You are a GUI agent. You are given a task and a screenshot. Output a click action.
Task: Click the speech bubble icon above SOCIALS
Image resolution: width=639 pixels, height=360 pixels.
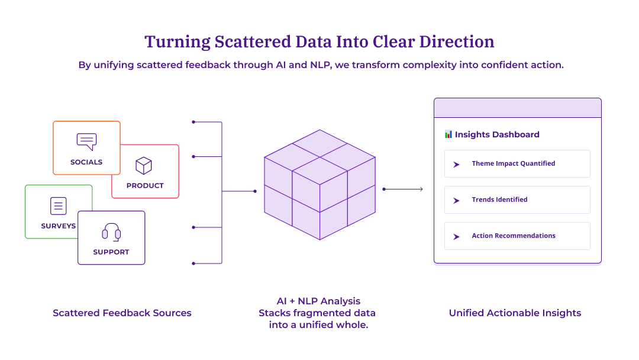[x=86, y=142]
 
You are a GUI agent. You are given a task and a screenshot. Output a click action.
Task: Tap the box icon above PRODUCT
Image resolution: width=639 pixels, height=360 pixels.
[x=144, y=165]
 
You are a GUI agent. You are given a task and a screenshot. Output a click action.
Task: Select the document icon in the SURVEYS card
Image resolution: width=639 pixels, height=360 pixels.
[x=58, y=206]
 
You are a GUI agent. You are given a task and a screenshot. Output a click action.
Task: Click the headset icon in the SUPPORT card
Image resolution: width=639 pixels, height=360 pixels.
[x=111, y=232]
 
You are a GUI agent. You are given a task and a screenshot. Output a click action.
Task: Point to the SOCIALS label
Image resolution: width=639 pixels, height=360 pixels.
[x=86, y=162]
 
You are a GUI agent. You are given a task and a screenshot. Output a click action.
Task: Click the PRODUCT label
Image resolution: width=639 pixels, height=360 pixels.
[x=145, y=186]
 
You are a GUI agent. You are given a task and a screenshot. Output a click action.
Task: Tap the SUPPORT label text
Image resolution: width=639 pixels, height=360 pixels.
[x=111, y=252]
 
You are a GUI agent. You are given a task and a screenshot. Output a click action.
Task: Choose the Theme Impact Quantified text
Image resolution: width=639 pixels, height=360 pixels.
[x=513, y=163]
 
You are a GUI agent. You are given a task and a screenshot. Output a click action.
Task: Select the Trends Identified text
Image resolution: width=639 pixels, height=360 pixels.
[x=499, y=200]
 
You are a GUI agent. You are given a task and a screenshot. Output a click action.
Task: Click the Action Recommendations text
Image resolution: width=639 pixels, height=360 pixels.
[x=514, y=236]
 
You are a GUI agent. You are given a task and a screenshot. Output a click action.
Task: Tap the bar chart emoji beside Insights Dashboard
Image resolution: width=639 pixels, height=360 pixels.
[x=448, y=134]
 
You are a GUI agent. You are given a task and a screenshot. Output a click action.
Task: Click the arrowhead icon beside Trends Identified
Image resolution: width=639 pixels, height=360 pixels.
[x=456, y=201]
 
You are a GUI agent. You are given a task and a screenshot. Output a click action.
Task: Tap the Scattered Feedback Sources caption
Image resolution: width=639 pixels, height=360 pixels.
[x=122, y=313]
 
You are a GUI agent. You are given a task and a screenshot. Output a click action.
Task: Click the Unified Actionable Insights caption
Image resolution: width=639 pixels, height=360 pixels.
[x=515, y=313]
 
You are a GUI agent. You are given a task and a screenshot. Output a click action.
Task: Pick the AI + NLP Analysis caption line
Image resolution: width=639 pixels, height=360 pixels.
[x=318, y=301]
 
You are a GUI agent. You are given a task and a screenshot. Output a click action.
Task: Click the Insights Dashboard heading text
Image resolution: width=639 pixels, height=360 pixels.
[x=497, y=134]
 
